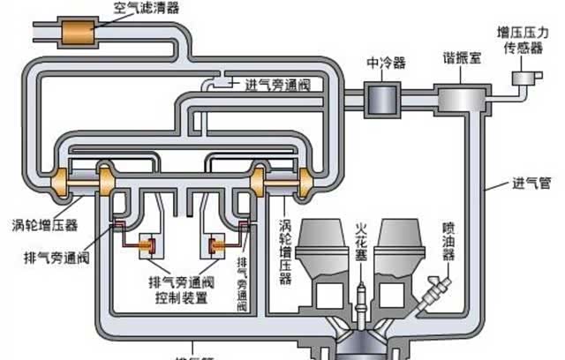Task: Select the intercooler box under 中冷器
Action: [383, 92]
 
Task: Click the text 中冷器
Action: [385, 64]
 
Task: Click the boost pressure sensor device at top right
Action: [527, 79]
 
